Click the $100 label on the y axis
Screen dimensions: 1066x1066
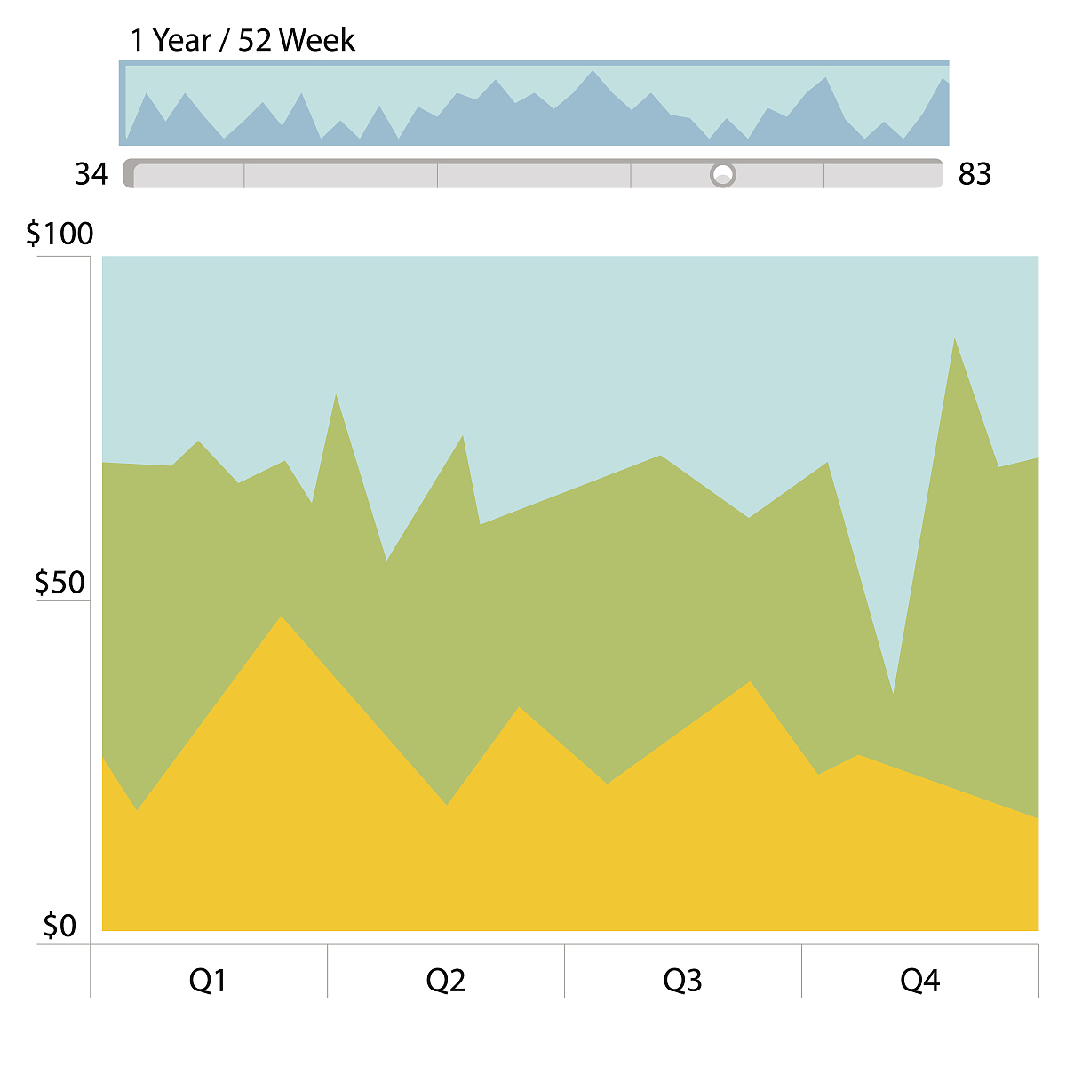click(60, 234)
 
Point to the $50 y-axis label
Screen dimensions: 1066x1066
click(60, 583)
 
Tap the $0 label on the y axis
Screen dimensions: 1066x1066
click(60, 927)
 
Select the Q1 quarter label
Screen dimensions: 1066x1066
click(208, 981)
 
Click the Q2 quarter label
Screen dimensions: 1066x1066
click(445, 981)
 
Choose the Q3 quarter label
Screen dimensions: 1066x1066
click(682, 981)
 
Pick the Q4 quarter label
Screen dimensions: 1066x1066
click(919, 981)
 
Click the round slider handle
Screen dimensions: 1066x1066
click(723, 174)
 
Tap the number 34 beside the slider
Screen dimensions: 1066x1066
click(91, 174)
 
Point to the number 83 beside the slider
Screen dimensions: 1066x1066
click(975, 174)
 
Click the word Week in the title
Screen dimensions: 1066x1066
click(317, 40)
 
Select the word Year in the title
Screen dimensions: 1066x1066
click(181, 40)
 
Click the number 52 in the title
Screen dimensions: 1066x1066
click(254, 40)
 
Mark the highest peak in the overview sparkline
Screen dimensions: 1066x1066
click(593, 72)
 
